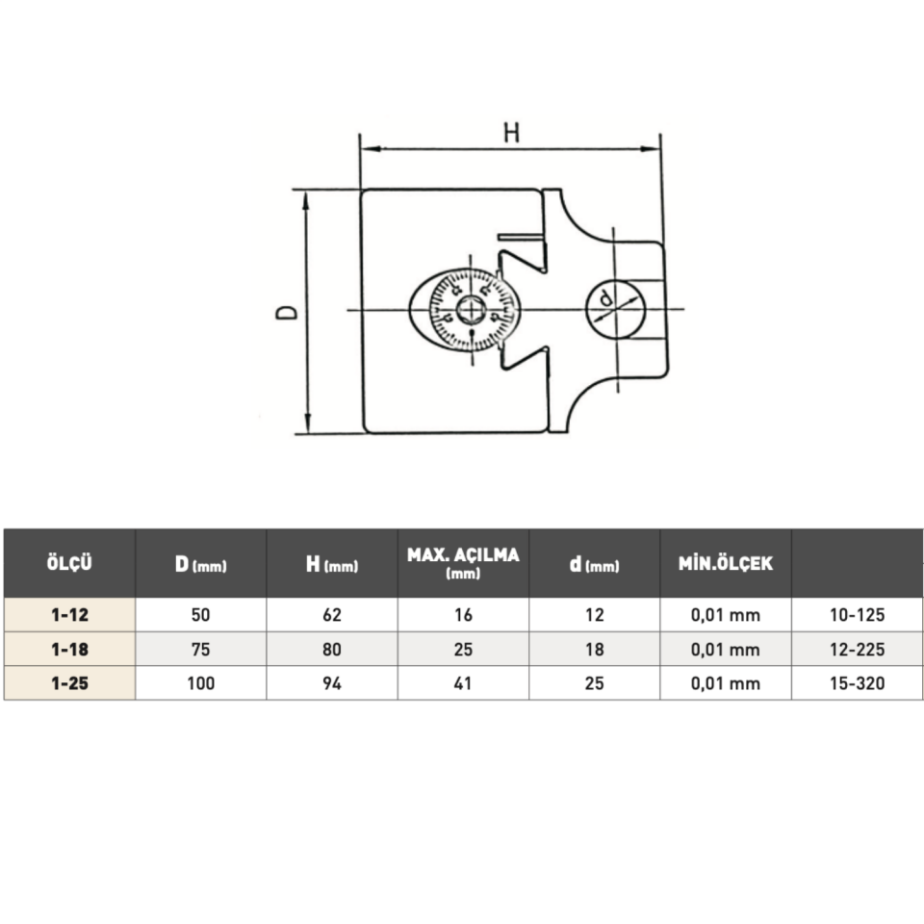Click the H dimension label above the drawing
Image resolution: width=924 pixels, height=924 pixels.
click(x=511, y=133)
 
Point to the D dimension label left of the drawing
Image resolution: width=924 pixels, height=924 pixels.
click(x=287, y=312)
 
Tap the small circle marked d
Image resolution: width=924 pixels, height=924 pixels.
click(x=616, y=309)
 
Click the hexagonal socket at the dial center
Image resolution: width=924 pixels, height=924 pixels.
click(x=472, y=310)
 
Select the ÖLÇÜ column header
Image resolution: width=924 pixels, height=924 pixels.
click(x=69, y=563)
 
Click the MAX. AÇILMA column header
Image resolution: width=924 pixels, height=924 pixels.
click(x=463, y=563)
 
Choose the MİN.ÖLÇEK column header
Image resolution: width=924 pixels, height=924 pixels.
click(x=726, y=563)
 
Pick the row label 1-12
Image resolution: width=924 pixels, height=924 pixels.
click(x=69, y=615)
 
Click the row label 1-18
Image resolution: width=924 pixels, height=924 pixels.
click(x=69, y=650)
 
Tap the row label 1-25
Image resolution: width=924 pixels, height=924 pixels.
click(x=69, y=683)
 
